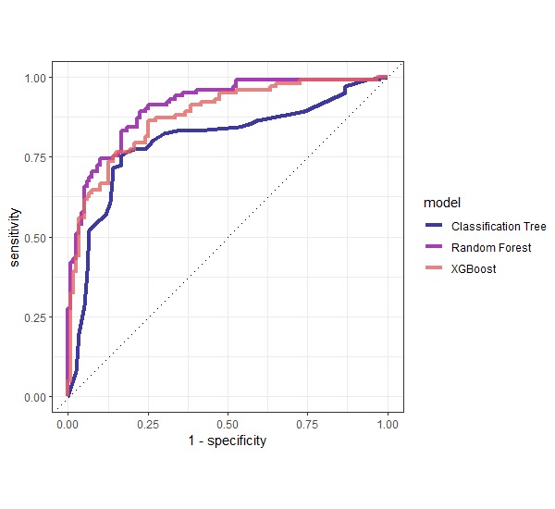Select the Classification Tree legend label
click(x=499, y=226)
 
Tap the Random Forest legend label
click(x=491, y=248)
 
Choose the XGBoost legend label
click(x=474, y=269)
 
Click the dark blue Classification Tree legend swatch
click(x=434, y=226)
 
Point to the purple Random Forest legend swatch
click(x=434, y=248)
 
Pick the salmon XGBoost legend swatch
click(x=434, y=269)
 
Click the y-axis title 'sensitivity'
click(x=15, y=237)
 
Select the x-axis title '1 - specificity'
click(x=228, y=441)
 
